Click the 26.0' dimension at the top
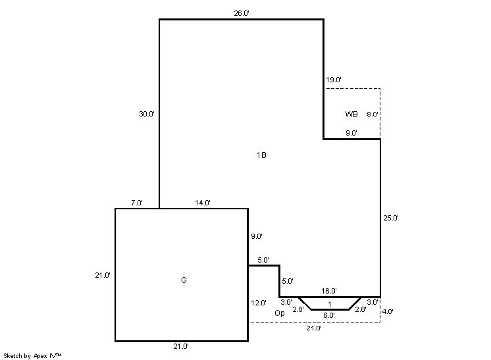click(242, 13)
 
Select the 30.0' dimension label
click(147, 114)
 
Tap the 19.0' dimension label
click(334, 80)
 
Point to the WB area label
click(351, 115)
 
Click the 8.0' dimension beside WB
click(373, 115)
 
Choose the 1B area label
click(261, 155)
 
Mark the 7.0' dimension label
click(137, 203)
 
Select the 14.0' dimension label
click(203, 203)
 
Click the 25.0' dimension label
click(391, 218)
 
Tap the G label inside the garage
click(184, 280)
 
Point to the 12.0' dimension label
click(259, 303)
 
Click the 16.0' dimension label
click(329, 291)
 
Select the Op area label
click(280, 313)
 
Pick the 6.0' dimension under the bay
click(329, 315)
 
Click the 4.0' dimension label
click(388, 312)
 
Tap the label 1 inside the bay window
click(330, 304)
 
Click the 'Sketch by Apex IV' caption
click(32, 356)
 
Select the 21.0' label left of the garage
click(103, 276)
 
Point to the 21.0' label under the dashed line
click(314, 328)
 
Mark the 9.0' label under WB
click(351, 133)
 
